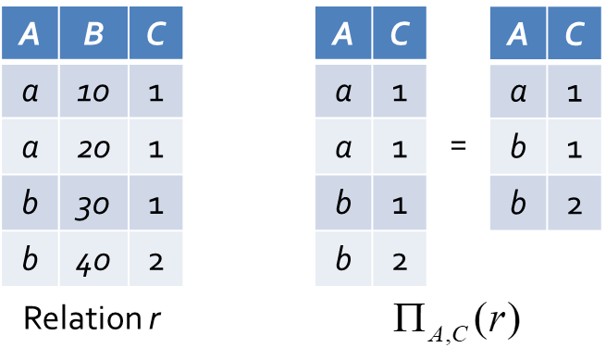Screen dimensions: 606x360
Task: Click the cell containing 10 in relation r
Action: (x=93, y=91)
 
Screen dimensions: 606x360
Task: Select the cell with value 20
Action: (x=93, y=146)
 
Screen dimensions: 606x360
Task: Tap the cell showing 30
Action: (x=93, y=203)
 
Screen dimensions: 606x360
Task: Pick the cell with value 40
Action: (x=93, y=259)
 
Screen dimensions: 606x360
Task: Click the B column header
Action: (x=93, y=33)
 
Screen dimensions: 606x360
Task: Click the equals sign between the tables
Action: (x=458, y=146)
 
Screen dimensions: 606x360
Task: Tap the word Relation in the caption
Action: (x=82, y=318)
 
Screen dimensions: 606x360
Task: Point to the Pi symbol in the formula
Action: (x=409, y=317)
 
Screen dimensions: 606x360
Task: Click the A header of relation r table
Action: (x=30, y=33)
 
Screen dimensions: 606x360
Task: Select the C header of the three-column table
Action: (x=155, y=33)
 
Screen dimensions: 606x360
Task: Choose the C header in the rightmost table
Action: (x=575, y=33)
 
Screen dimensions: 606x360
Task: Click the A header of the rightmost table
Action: (x=518, y=33)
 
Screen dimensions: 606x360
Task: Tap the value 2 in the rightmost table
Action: (x=575, y=203)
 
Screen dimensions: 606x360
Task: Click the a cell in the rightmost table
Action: (x=518, y=91)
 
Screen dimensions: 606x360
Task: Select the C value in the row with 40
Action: (x=155, y=259)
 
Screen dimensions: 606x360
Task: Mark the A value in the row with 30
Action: (x=30, y=203)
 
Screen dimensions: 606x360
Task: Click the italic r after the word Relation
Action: (x=155, y=319)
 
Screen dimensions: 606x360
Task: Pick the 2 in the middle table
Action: (x=400, y=259)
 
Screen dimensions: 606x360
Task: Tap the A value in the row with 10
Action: (x=30, y=91)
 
